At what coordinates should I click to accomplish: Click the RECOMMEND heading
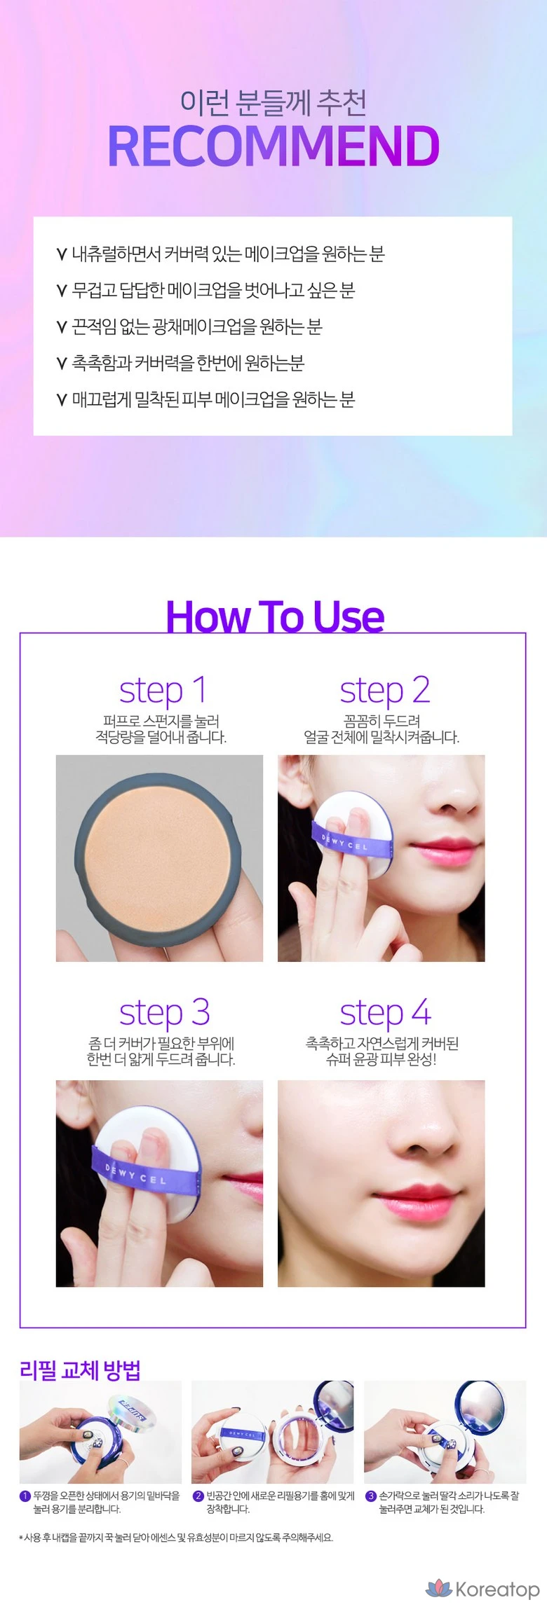tap(273, 146)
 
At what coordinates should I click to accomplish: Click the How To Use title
tap(275, 617)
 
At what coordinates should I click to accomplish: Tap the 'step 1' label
tap(163, 690)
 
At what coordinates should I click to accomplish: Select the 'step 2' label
tap(384, 690)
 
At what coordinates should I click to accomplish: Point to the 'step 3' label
tap(164, 1013)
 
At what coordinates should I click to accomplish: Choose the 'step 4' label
tap(385, 1013)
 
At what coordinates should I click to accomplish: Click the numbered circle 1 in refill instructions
tap(25, 1496)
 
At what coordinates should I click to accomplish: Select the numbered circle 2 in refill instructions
tap(198, 1496)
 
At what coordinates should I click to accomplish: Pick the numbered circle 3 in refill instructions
tap(371, 1496)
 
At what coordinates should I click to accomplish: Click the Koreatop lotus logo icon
tap(439, 1588)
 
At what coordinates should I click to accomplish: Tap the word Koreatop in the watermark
tap(497, 1589)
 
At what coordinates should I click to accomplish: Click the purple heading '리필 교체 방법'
tap(81, 1370)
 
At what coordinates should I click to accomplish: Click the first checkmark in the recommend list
tap(62, 254)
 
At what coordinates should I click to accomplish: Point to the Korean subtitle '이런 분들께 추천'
tap(273, 102)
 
